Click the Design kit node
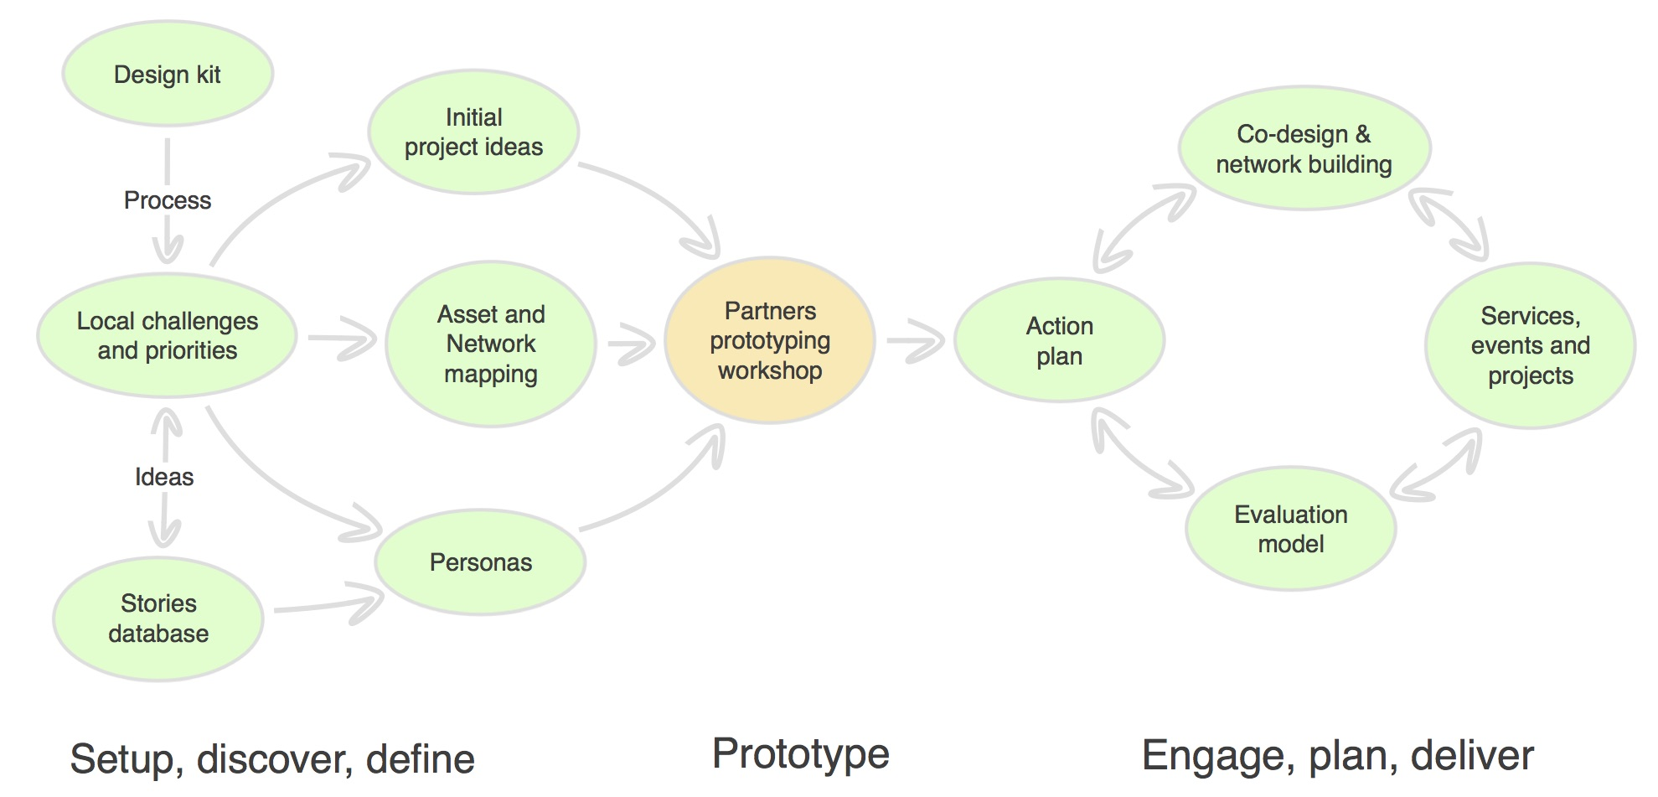(168, 74)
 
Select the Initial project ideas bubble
(474, 132)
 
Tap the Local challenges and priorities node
(168, 335)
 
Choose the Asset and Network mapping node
(491, 344)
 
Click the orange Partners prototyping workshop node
(770, 340)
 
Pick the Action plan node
(1060, 340)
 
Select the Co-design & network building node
(1304, 148)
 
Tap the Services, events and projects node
(1531, 345)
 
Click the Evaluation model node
(1291, 529)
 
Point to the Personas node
(481, 562)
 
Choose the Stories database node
(158, 618)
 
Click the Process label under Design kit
(168, 200)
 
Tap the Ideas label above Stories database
(164, 477)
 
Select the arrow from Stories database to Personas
(329, 604)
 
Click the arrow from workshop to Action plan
(916, 340)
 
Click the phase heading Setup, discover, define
(272, 759)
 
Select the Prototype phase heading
(801, 753)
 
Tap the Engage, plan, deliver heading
(1338, 756)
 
